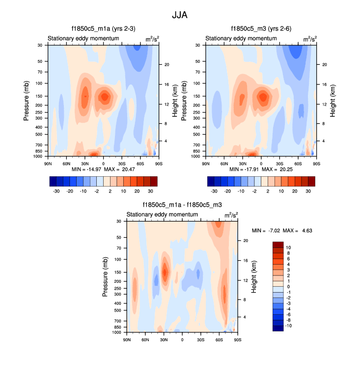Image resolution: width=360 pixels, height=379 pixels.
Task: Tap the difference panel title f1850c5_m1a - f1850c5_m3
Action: [x=182, y=205]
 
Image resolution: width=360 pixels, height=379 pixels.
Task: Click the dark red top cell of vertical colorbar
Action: [x=278, y=244]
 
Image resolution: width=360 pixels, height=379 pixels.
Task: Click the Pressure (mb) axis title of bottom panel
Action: [x=105, y=277]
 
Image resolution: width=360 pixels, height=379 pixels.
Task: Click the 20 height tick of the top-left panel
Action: [x=166, y=64]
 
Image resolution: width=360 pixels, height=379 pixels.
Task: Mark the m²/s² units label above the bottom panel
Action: [x=231, y=215]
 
